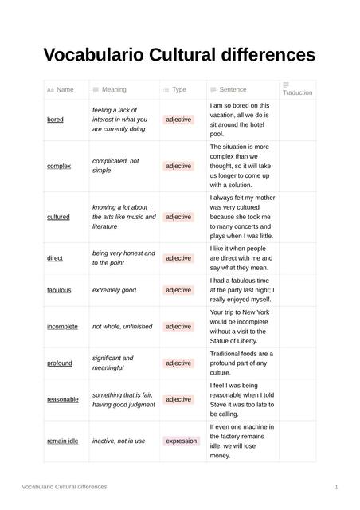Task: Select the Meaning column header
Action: pyautogui.click(x=114, y=90)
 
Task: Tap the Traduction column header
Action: pyautogui.click(x=297, y=92)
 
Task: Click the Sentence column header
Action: pyautogui.click(x=233, y=90)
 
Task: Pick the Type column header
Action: pyautogui.click(x=179, y=90)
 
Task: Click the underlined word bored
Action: pyautogui.click(x=55, y=120)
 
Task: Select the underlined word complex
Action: pyautogui.click(x=59, y=166)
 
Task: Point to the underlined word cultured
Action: pyautogui.click(x=58, y=217)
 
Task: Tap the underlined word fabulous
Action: pyautogui.click(x=59, y=290)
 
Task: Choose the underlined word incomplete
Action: pyautogui.click(x=62, y=327)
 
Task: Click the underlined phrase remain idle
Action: pyautogui.click(x=62, y=441)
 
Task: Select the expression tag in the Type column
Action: pyautogui.click(x=181, y=441)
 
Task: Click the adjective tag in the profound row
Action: pyautogui.click(x=178, y=363)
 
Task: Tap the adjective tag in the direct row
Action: pyautogui.click(x=178, y=258)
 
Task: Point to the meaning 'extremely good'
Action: pyautogui.click(x=114, y=290)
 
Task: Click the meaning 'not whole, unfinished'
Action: pyautogui.click(x=122, y=327)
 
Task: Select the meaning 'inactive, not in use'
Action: pyautogui.click(x=119, y=441)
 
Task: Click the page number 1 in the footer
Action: pyautogui.click(x=336, y=486)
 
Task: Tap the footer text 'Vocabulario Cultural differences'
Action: pyautogui.click(x=64, y=486)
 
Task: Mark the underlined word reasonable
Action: pyautogui.click(x=63, y=399)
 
